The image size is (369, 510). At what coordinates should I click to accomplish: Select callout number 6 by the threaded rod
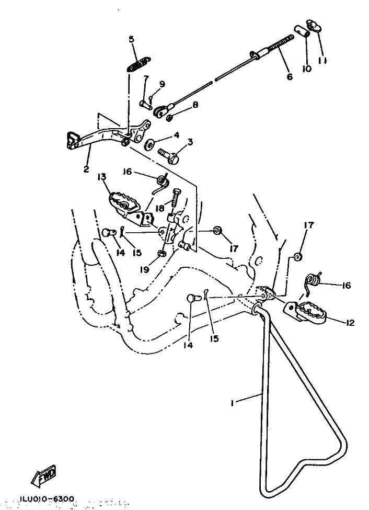click(x=289, y=76)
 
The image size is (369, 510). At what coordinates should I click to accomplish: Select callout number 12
click(x=349, y=323)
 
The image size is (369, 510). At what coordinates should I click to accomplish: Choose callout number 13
click(x=101, y=176)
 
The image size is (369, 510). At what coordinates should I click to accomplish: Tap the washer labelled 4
click(x=150, y=143)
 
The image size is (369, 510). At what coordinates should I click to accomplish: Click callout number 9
click(x=162, y=84)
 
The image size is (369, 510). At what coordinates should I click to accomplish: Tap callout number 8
click(x=195, y=105)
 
